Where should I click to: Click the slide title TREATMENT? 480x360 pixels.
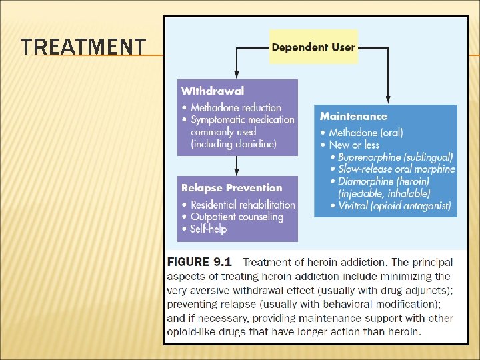click(x=83, y=47)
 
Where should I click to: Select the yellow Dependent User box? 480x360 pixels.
click(x=313, y=47)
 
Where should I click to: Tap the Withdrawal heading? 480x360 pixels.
click(x=213, y=91)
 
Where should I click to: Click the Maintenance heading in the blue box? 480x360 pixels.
click(x=353, y=117)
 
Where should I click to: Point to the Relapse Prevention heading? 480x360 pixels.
click(x=231, y=188)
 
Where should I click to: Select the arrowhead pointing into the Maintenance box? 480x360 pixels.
click(x=388, y=100)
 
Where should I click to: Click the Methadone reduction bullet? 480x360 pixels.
click(x=235, y=107)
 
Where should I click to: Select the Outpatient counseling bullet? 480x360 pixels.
click(x=236, y=217)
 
